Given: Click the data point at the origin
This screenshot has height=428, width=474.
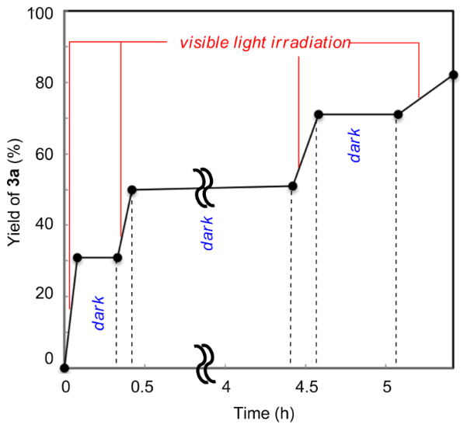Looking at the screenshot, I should pos(64,368).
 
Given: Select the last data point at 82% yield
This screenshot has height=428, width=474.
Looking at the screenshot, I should pos(453,75).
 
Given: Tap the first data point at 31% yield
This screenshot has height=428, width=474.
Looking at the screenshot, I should pos(77,257).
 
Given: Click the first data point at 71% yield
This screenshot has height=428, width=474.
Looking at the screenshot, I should pos(319,114).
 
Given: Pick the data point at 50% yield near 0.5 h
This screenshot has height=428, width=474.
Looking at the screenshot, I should pos(132,190).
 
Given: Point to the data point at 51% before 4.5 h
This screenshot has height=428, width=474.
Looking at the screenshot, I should pos(292,186).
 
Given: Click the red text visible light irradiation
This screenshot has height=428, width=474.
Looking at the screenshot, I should pos(266,43).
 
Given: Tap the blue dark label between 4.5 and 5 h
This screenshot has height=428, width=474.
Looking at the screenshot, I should pos(354,145).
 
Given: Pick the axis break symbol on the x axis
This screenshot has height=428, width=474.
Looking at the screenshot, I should pos(204,361).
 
